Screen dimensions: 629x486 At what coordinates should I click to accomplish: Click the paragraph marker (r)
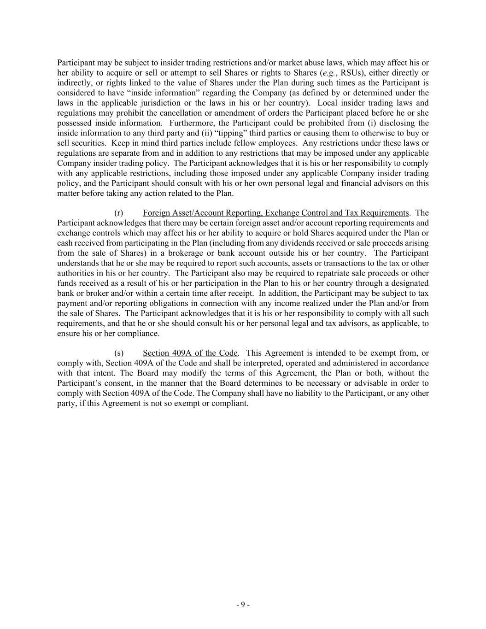[118, 213]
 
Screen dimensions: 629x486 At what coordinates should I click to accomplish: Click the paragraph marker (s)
[118, 353]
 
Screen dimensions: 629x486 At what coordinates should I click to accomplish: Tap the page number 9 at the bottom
[242, 605]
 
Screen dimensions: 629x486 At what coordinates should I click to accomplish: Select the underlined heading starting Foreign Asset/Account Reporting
[275, 213]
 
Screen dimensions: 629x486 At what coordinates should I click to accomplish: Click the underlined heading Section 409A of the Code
[190, 353]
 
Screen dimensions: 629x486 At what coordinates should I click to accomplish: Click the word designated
[411, 283]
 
